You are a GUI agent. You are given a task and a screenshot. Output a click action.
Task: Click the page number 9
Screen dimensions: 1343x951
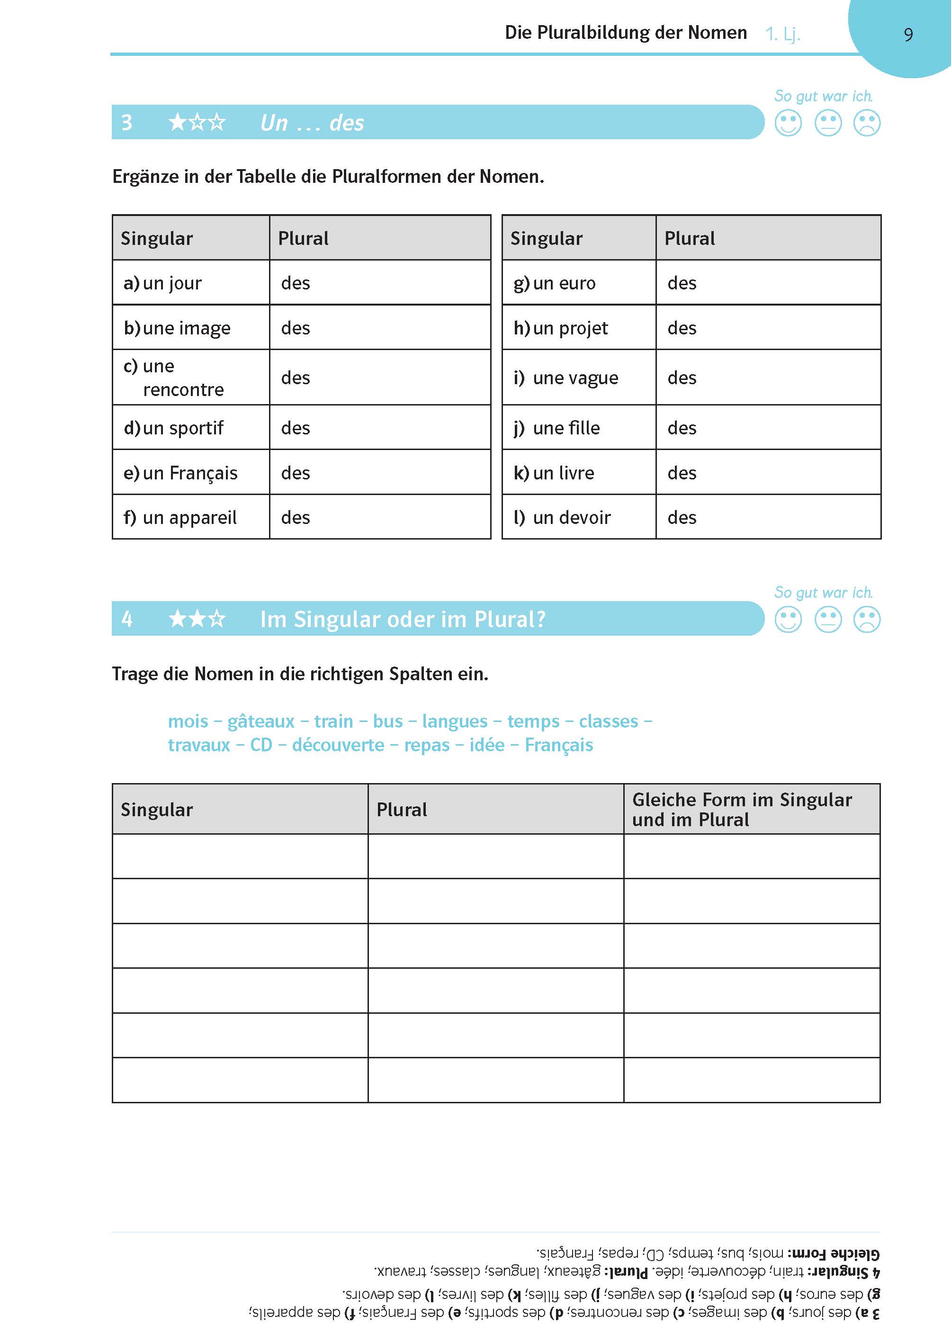[908, 35]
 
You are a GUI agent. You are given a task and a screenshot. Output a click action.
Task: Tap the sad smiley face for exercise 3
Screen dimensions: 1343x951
[867, 124]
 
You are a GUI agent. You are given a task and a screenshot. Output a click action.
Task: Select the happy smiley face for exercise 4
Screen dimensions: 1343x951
[788, 620]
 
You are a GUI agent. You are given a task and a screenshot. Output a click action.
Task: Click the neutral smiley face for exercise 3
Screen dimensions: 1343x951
[828, 124]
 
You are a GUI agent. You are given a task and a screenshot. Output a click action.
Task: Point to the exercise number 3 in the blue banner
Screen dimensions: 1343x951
[126, 122]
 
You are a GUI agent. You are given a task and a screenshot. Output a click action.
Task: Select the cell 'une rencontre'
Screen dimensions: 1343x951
[174, 378]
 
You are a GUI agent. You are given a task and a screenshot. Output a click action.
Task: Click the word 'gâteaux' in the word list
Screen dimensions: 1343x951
[260, 721]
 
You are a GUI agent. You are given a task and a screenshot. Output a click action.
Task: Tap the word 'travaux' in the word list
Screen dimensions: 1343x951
[199, 745]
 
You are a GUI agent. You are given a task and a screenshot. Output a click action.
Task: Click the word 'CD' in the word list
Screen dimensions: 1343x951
[261, 745]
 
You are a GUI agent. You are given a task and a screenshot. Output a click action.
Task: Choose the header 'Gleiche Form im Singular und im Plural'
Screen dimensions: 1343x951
[742, 810]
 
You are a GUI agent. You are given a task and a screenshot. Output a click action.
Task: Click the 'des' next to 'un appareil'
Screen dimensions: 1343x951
[295, 517]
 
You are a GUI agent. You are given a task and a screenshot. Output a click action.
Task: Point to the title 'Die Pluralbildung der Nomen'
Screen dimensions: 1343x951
[626, 32]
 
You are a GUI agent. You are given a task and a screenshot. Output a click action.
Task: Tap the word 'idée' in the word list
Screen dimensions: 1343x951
[486, 745]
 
